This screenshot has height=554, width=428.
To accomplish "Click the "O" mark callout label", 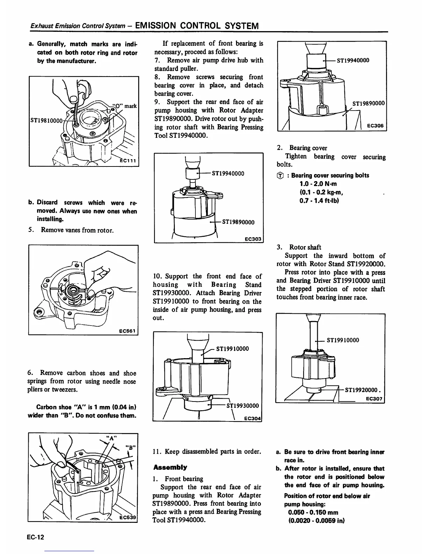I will (x=125, y=106).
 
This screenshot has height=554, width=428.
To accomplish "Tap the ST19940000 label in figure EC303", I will (x=228, y=173).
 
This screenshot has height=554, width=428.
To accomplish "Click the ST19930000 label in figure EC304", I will (x=243, y=406).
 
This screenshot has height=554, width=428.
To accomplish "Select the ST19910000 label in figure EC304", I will (x=233, y=348).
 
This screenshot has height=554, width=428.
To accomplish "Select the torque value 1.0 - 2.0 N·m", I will (x=318, y=184).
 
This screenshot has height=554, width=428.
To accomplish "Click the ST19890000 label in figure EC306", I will (x=368, y=104).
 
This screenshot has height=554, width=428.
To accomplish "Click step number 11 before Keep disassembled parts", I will (x=157, y=451).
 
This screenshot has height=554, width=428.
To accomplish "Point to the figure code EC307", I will (x=374, y=399).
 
